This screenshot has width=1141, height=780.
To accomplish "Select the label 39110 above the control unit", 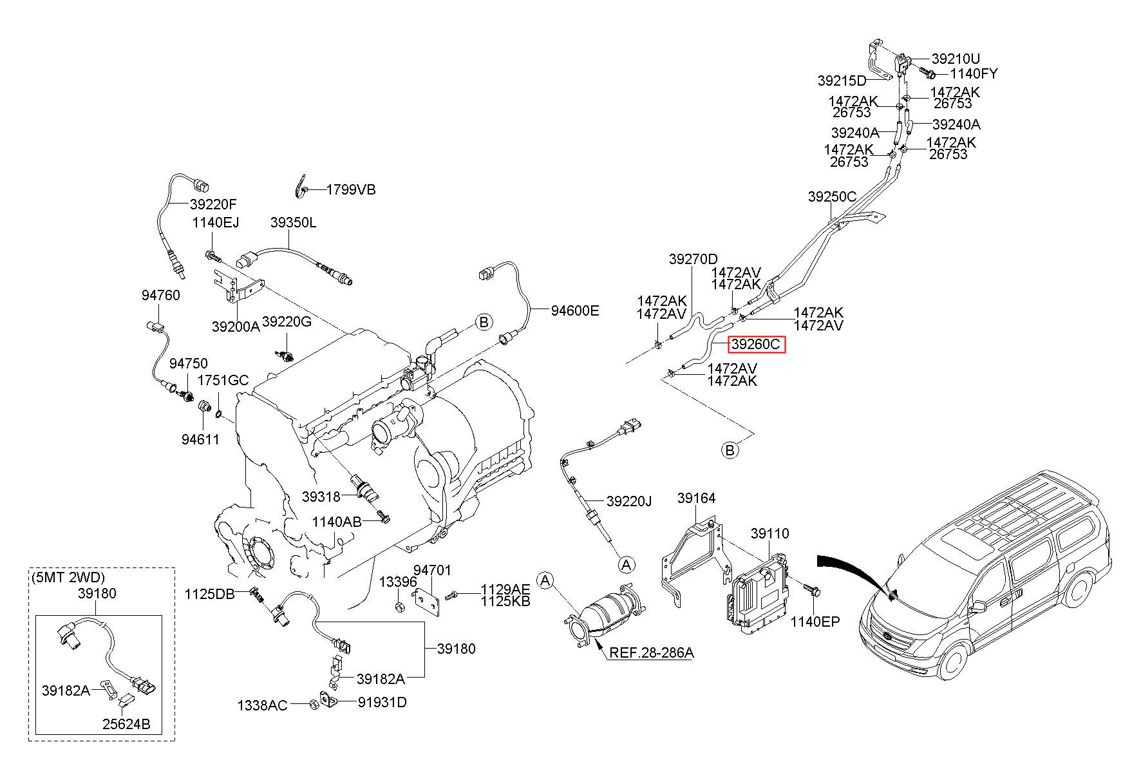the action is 769,534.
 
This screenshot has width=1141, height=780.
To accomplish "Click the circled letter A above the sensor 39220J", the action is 626,564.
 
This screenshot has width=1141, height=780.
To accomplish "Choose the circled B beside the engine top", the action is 484,322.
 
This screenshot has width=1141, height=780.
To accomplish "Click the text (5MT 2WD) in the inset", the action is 68,577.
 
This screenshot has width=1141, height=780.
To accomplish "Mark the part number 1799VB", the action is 351,189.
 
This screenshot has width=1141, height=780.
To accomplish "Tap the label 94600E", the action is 575,311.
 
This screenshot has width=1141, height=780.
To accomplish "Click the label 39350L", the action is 293,223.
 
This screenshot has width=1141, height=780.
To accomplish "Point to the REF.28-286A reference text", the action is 652,652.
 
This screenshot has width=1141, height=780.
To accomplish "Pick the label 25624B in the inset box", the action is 126,724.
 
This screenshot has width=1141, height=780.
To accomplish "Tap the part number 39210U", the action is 956,60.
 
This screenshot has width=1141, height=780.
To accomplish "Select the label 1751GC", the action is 223,380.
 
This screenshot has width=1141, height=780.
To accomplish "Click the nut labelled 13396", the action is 399,607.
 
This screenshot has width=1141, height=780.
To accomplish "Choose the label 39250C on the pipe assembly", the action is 832,197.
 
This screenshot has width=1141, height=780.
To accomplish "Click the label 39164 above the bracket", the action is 697,498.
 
